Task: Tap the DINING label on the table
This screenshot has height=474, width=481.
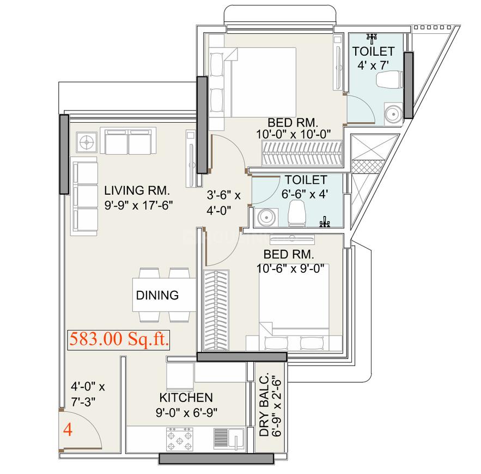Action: pyautogui.click(x=157, y=295)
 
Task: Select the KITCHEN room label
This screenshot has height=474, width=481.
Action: pyautogui.click(x=186, y=397)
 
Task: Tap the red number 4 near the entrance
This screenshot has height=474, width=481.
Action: pyautogui.click(x=68, y=429)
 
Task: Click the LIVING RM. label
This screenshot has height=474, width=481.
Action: pyautogui.click(x=137, y=191)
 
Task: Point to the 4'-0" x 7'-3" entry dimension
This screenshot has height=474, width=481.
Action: pyautogui.click(x=88, y=394)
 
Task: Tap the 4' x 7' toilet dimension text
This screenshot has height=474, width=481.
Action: pyautogui.click(x=373, y=65)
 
